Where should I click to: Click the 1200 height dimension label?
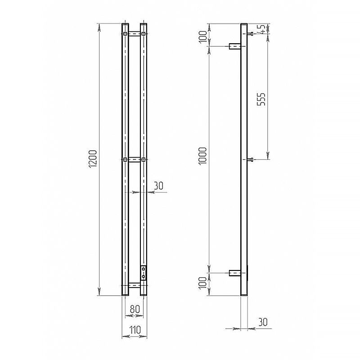coord(93,159)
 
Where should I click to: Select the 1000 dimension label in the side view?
coord(203,156)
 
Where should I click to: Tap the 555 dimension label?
coord(261,99)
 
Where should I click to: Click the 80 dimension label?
coord(135,309)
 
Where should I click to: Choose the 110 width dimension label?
coord(135,330)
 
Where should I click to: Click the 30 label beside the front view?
coord(158,185)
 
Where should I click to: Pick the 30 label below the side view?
coord(263,322)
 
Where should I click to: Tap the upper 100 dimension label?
coord(203,37)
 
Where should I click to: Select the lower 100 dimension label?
coord(203,283)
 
